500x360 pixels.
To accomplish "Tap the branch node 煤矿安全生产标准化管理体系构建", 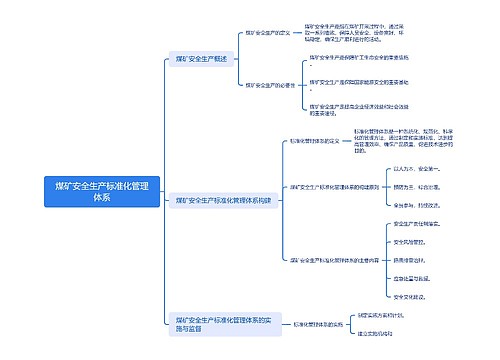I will tap(223, 200).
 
